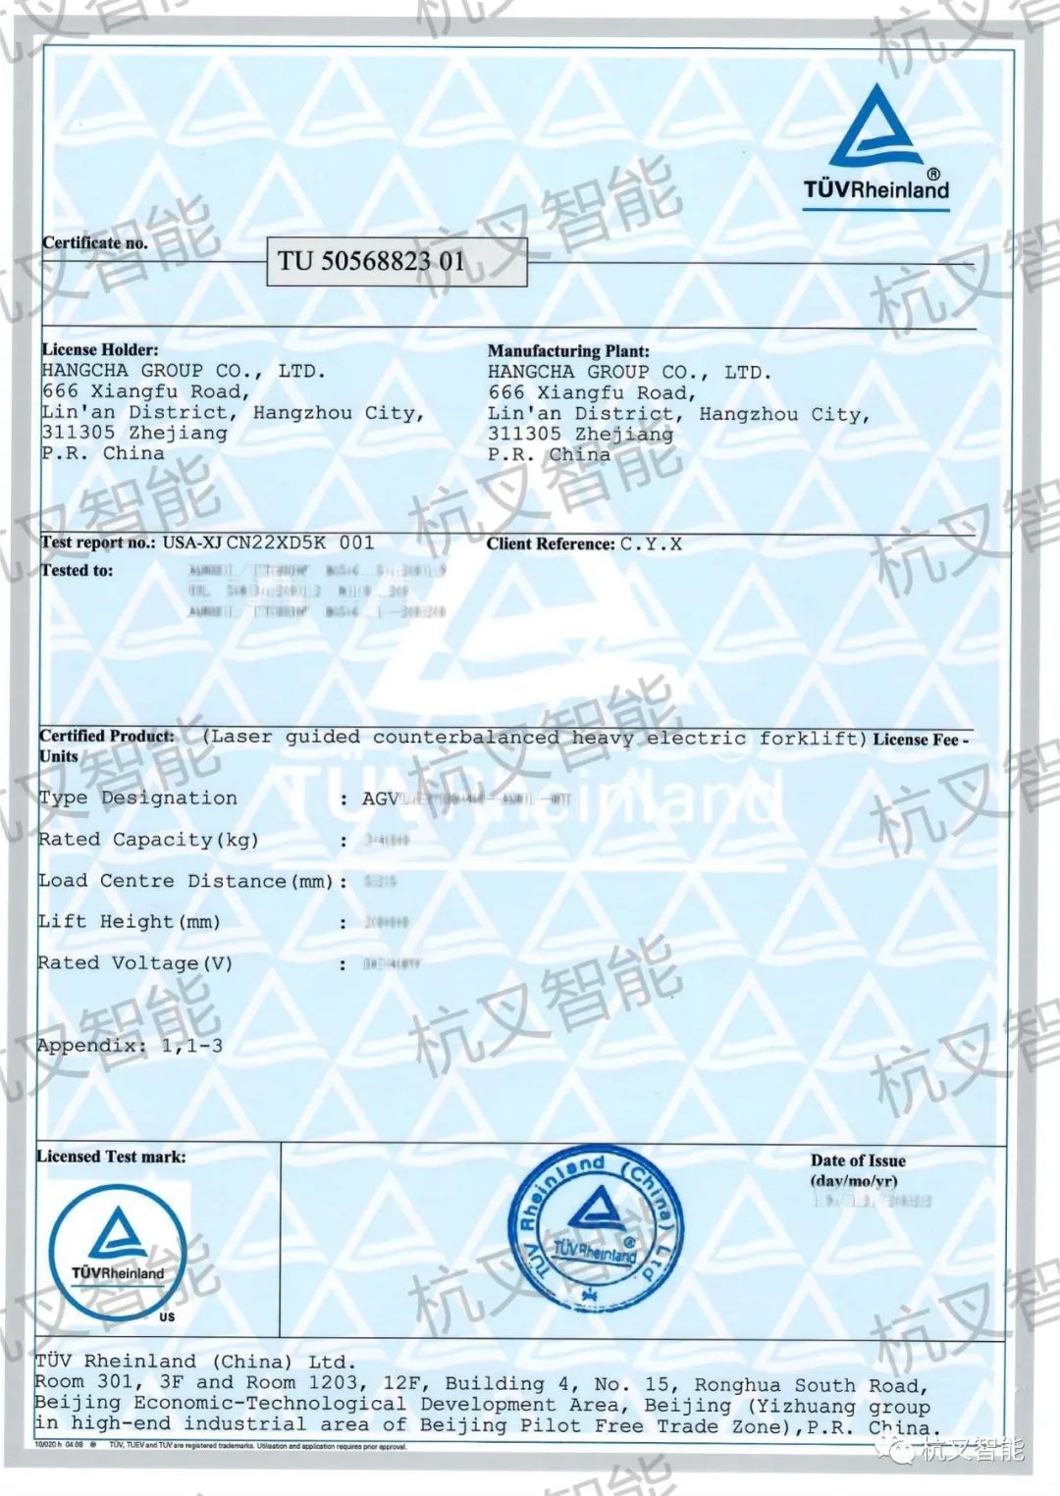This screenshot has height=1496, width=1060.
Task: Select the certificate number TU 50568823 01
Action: coord(371,261)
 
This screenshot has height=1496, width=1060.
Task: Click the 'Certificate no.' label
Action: coord(94,242)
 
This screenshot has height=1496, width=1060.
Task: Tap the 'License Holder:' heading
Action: coord(99,349)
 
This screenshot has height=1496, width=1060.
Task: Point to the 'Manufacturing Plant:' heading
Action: coord(568,350)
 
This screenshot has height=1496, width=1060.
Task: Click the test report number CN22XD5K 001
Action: coord(299,542)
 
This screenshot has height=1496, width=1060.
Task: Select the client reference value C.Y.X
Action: coord(651,543)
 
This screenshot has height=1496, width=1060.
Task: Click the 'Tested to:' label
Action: coord(77,570)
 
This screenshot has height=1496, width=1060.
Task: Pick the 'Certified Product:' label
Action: coord(106,736)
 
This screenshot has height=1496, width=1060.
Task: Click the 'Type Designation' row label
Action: coord(137,799)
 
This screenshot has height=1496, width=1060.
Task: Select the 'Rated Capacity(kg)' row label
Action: coord(147,840)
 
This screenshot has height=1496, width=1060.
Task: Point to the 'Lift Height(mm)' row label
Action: coord(129,922)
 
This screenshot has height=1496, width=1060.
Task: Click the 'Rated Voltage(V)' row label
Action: coord(135,963)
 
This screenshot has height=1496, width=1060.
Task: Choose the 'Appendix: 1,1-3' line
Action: coord(130,1046)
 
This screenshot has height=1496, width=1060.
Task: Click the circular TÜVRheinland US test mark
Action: coord(118,1252)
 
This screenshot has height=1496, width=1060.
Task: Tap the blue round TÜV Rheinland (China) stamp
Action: coord(594,1230)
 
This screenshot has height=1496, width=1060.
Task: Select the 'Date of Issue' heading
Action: coord(858,1161)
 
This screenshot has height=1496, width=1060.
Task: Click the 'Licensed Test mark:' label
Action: coord(111,1157)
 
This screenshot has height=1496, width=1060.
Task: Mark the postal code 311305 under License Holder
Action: coord(79,433)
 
